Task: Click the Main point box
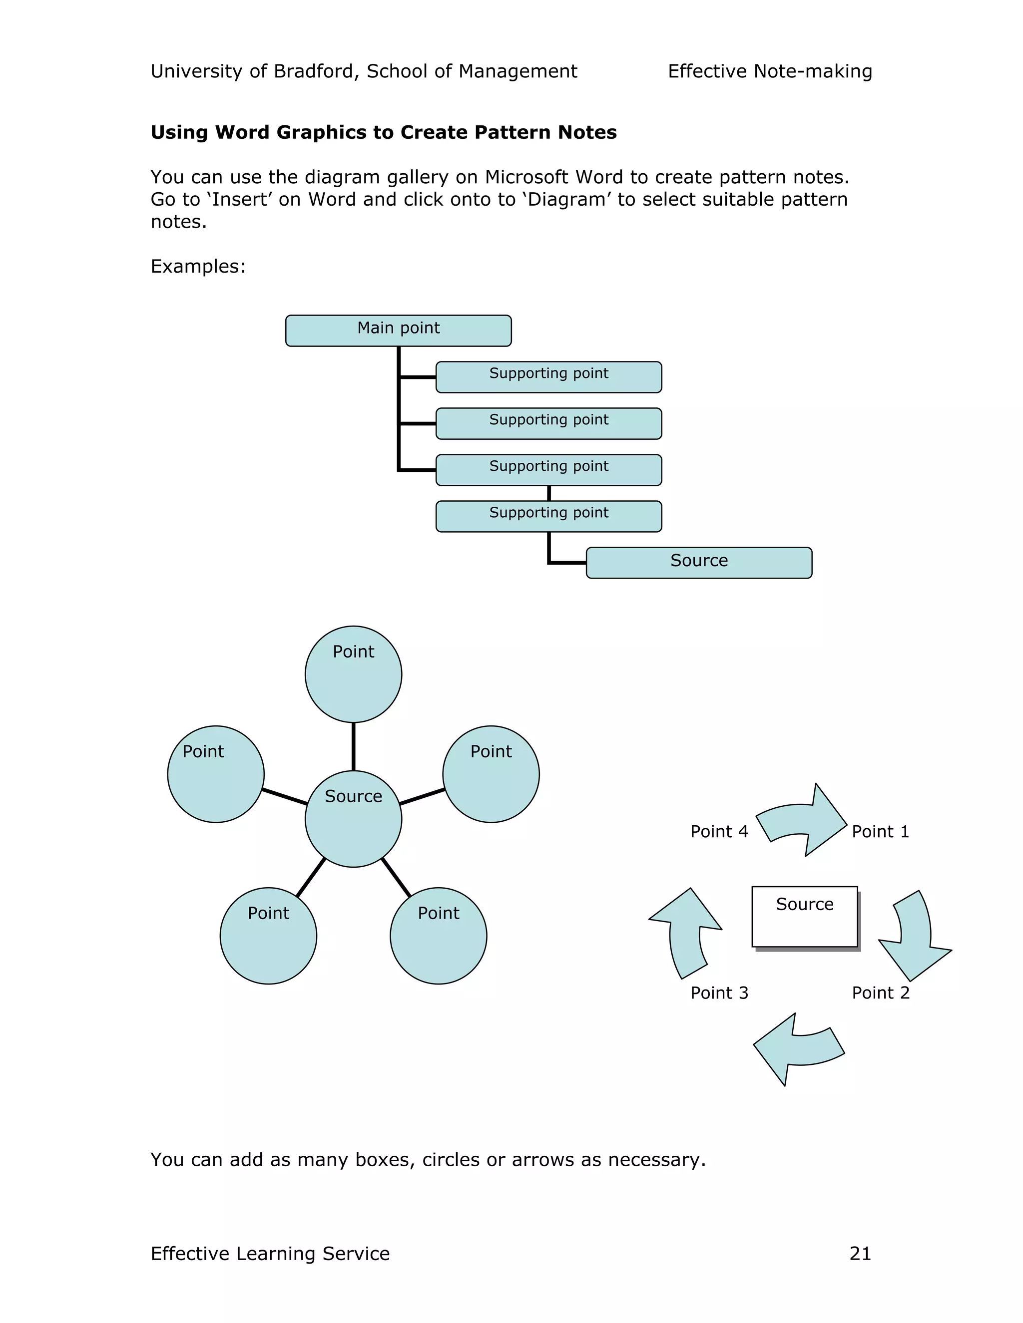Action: [398, 331]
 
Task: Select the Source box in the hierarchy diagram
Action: [699, 563]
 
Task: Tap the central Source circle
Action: [353, 818]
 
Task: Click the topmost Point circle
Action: [353, 674]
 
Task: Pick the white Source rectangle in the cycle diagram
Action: [804, 917]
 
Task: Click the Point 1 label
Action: [880, 832]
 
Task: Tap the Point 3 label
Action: [719, 993]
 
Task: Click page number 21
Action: [860, 1253]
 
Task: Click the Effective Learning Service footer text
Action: [270, 1253]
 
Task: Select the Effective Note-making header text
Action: [770, 71]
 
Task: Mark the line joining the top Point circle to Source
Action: [353, 746]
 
